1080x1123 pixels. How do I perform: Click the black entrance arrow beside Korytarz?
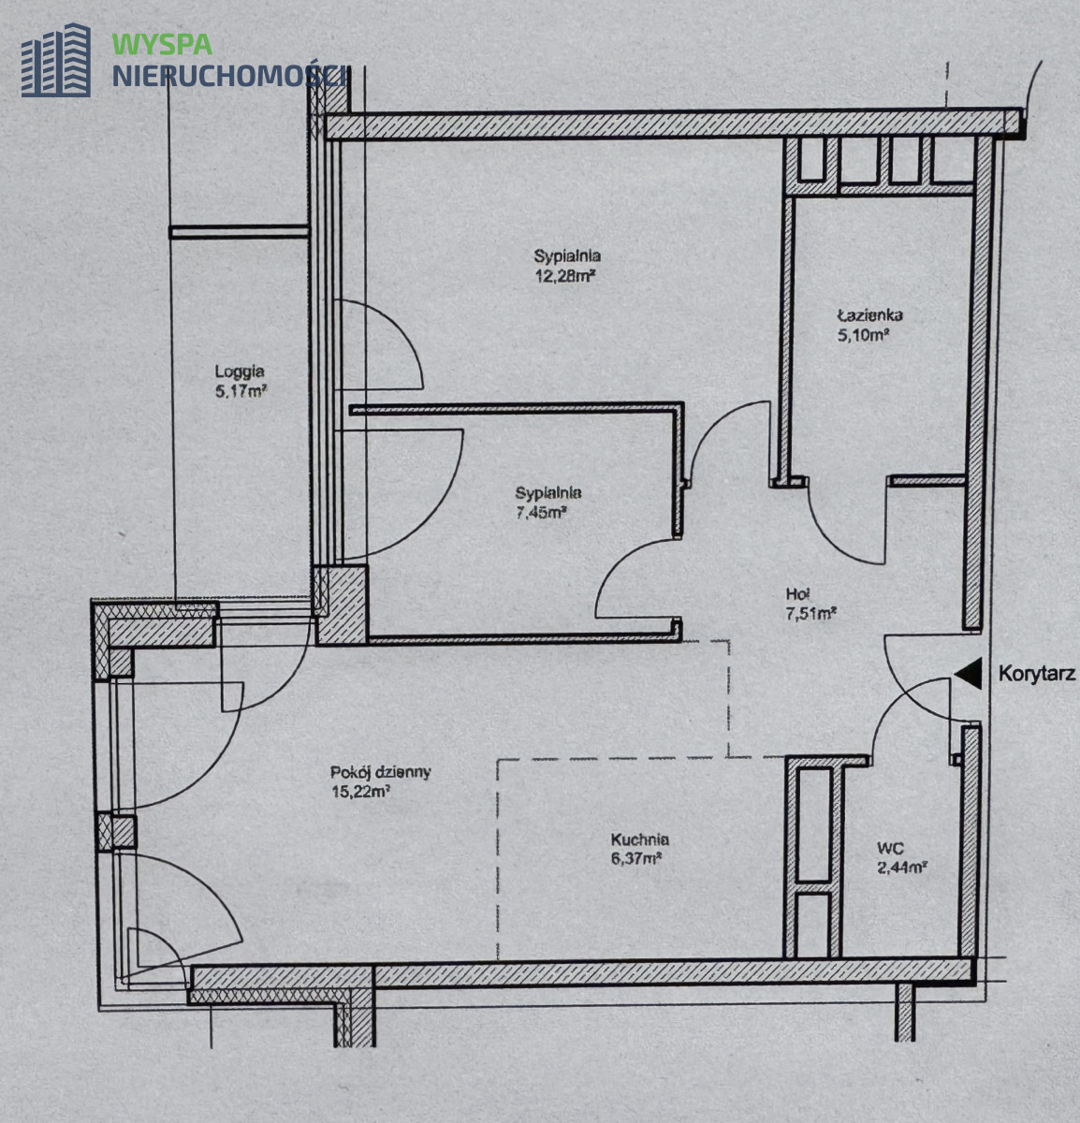(968, 673)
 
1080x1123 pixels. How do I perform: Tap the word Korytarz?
(1037, 674)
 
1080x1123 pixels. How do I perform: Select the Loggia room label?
(240, 372)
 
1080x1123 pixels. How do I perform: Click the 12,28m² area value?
(564, 276)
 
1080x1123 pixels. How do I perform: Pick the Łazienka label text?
(869, 315)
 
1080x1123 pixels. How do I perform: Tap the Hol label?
(797, 594)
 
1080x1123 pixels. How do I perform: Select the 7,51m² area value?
(811, 613)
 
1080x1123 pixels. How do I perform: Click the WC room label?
(891, 848)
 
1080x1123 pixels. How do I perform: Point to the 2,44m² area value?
(902, 868)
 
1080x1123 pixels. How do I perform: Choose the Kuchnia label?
(639, 839)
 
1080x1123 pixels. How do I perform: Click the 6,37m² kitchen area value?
(636, 859)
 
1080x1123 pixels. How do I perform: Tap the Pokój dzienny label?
(380, 772)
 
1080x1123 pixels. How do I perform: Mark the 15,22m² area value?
(360, 792)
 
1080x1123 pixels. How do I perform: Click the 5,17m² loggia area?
(241, 391)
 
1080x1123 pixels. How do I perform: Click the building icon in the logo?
(56, 60)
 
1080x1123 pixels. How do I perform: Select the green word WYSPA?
(162, 44)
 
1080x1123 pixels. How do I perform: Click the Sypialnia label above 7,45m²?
(548, 492)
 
